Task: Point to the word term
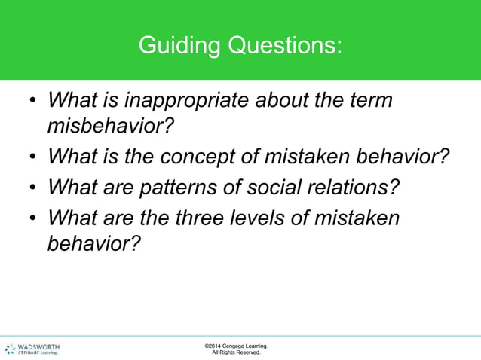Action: click(369, 100)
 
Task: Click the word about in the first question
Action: click(290, 100)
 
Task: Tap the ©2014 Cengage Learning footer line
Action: click(235, 346)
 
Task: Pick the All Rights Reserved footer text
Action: click(236, 352)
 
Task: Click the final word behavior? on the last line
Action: click(93, 243)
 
